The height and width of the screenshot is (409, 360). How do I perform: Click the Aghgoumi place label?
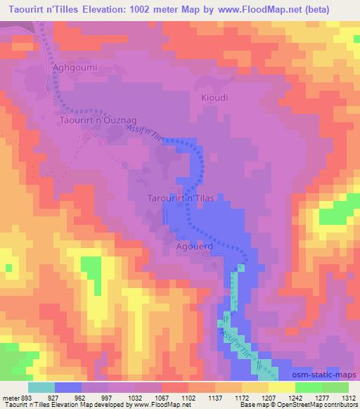point(75,68)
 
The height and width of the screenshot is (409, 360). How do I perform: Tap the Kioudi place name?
point(214,97)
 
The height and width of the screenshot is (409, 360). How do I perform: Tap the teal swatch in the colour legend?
point(41,387)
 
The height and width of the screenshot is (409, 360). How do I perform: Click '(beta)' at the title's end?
point(335,8)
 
